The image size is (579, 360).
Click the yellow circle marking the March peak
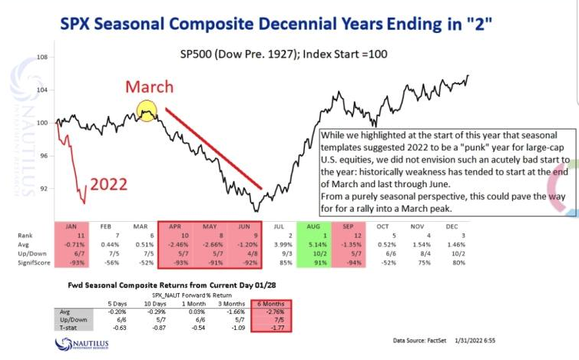147,111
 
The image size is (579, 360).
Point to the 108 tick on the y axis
43,58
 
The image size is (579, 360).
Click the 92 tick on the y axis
44,188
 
